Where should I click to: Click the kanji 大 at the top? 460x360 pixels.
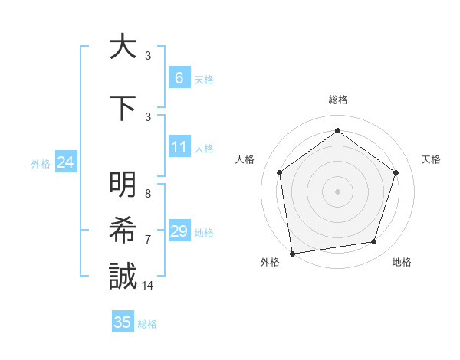coord(123,47)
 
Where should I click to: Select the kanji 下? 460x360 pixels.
coord(123,107)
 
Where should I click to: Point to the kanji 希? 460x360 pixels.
coord(123,231)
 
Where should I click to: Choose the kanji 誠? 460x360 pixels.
coord(123,276)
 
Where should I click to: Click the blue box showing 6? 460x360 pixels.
coord(179,78)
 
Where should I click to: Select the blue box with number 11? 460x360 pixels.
coord(179,147)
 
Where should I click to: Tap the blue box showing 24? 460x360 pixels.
coord(65,162)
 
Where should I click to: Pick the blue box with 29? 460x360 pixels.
coord(179,231)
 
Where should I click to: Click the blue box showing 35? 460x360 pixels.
coord(123,322)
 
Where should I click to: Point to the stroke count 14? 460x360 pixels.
coord(148,286)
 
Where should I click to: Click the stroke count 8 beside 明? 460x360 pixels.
coord(148,195)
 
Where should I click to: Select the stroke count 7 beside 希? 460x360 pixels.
coord(148,240)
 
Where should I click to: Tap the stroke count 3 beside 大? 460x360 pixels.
coord(148,56)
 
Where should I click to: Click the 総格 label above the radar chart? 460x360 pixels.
coord(338,100)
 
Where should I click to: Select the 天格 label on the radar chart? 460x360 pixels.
coord(432,159)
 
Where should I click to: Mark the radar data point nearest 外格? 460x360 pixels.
coord(292,252)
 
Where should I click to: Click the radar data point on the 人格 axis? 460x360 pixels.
coord(280,172)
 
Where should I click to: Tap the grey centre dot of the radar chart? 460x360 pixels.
coord(338,191)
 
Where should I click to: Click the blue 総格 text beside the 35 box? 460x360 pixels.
coord(147,324)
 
